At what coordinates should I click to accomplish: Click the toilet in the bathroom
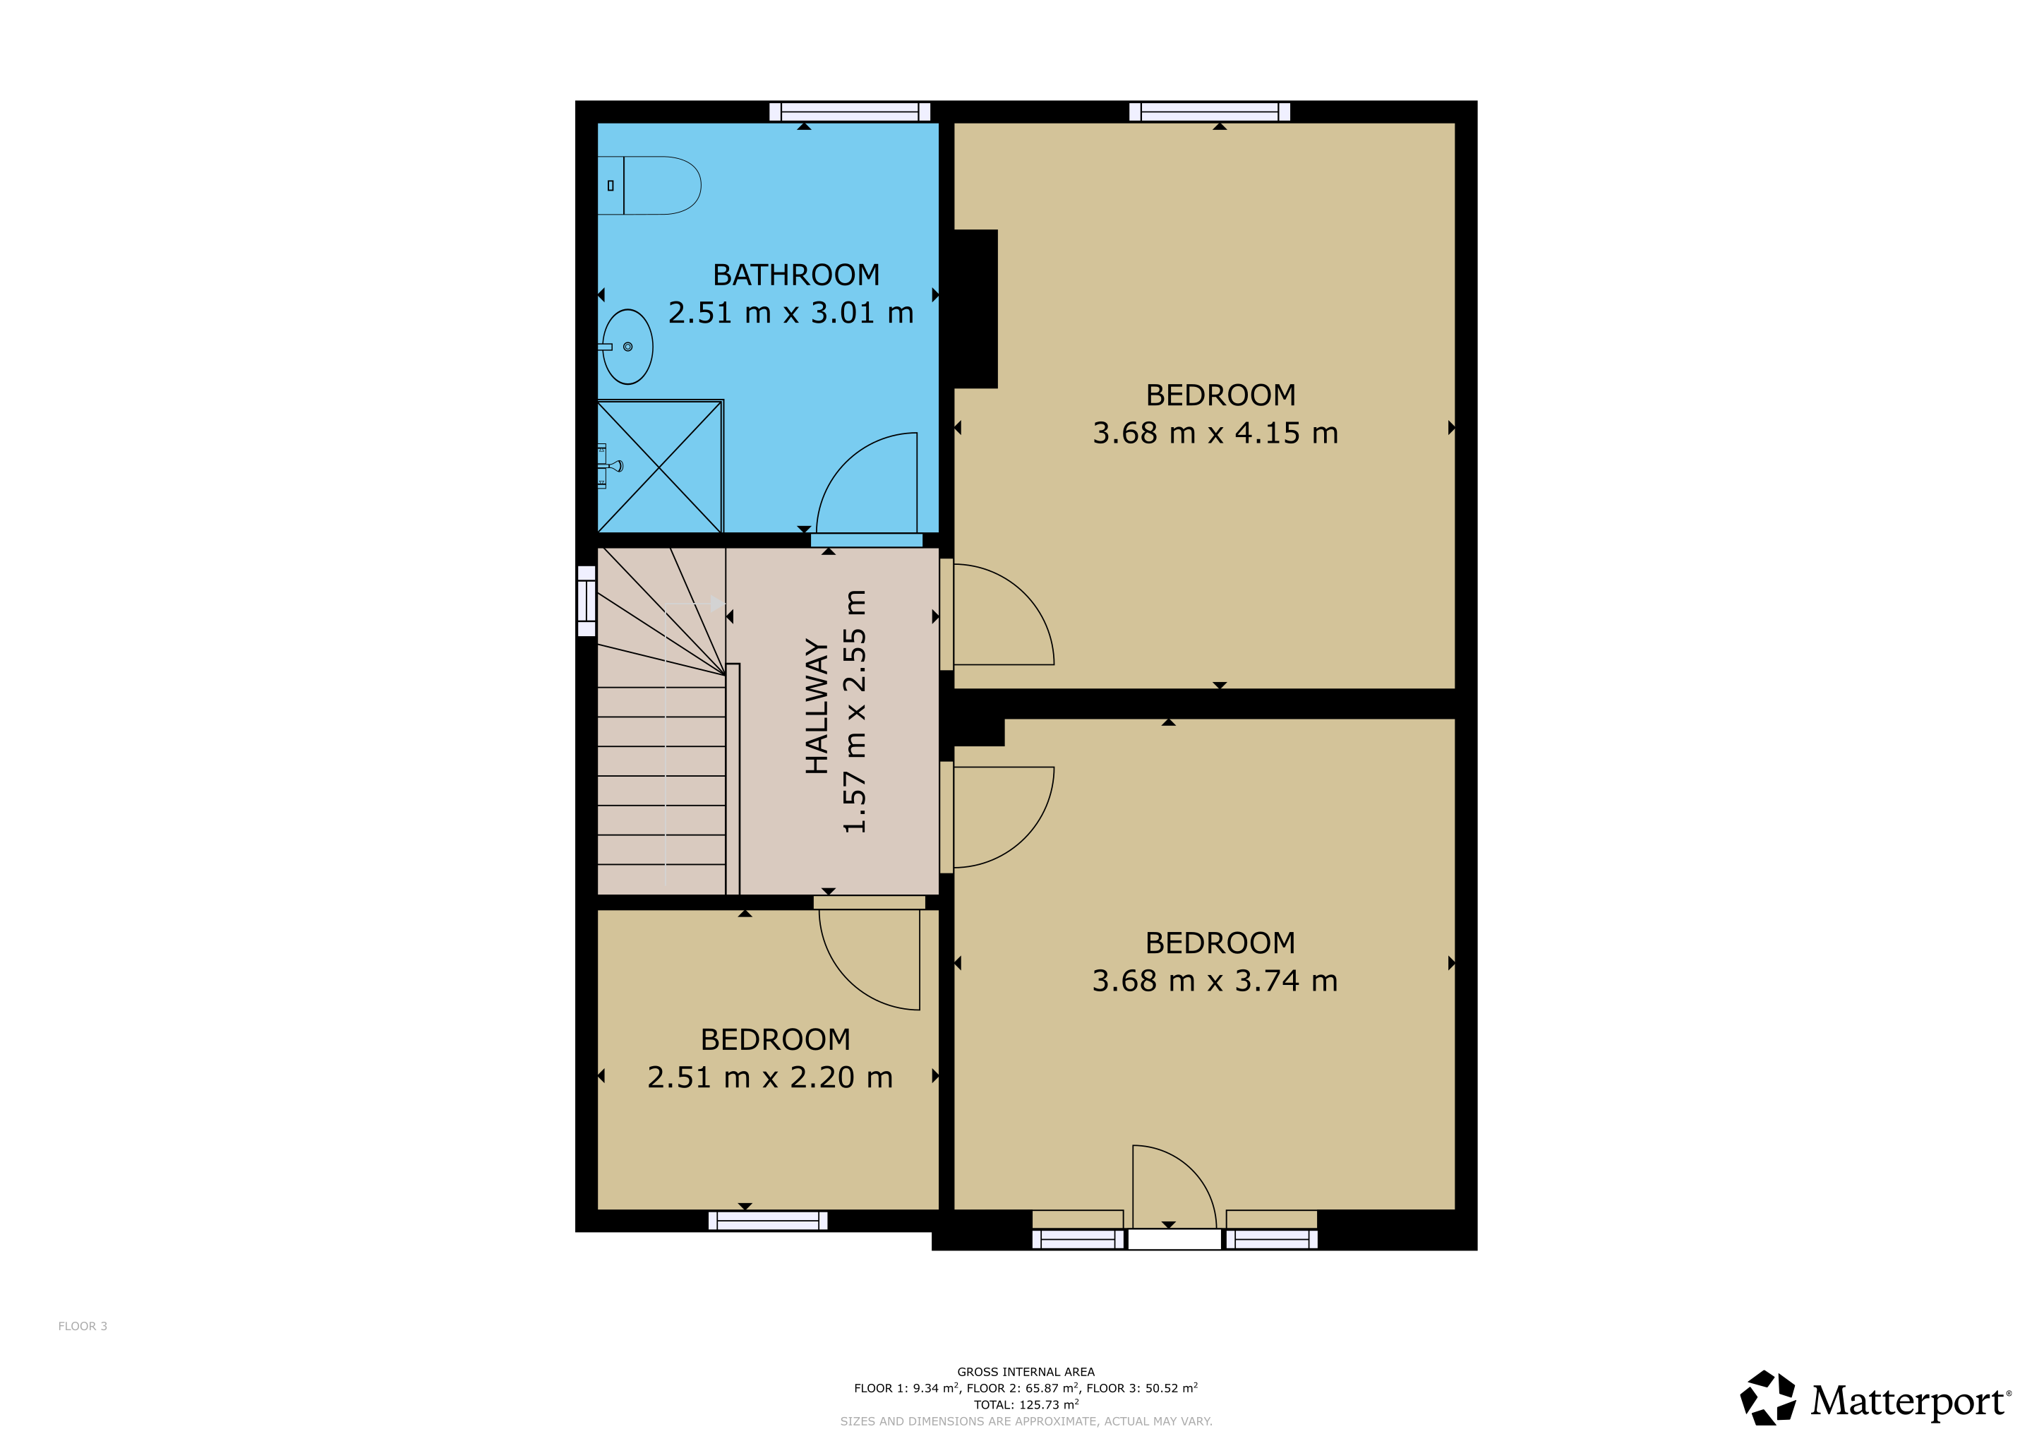click(x=649, y=185)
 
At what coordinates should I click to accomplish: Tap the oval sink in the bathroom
click(x=627, y=347)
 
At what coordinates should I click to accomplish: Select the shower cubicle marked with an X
click(x=660, y=466)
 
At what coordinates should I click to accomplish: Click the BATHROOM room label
click(x=796, y=275)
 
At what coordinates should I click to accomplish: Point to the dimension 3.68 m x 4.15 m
click(x=1215, y=433)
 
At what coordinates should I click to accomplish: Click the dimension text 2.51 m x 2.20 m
click(x=770, y=1077)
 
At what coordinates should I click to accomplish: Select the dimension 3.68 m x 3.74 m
click(x=1215, y=980)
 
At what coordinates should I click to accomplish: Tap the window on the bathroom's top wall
click(x=849, y=112)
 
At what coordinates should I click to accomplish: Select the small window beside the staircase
click(x=586, y=601)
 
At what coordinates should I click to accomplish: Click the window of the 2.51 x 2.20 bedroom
click(x=767, y=1221)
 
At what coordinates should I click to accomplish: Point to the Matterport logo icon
click(x=1768, y=1398)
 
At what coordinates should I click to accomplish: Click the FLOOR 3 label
click(x=83, y=1326)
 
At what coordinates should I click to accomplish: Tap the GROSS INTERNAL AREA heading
click(x=1026, y=1372)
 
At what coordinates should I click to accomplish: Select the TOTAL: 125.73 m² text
click(x=1026, y=1404)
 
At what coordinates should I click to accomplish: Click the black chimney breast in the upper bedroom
click(x=975, y=309)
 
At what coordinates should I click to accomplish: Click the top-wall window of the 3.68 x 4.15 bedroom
click(x=1209, y=112)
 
